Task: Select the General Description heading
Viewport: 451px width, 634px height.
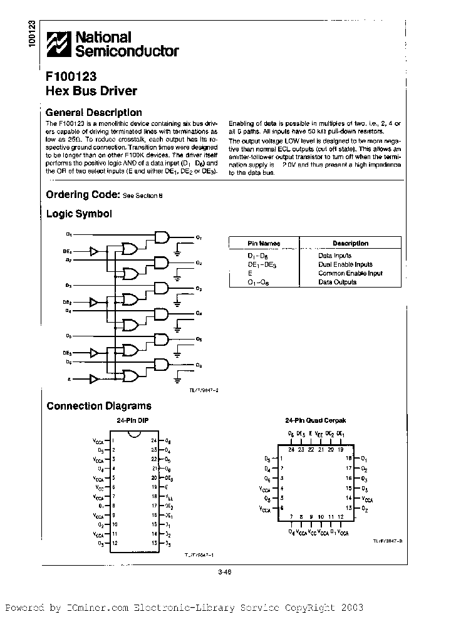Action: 94,113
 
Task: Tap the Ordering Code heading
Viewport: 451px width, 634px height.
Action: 82,195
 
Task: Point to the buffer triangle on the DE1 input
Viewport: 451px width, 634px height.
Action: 94,251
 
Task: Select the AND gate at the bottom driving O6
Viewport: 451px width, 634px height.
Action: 162,365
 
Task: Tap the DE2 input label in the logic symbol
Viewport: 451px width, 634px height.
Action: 67,302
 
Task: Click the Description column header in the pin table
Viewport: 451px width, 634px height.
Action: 350,243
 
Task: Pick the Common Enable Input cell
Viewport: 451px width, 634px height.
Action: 350,273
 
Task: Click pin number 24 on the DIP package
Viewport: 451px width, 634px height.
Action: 153,441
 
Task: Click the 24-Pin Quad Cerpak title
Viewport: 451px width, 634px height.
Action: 314,420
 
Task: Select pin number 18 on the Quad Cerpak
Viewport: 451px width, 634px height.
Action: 349,459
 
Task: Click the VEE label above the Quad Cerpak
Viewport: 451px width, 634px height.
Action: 319,434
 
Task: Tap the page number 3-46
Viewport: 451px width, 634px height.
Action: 225,570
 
